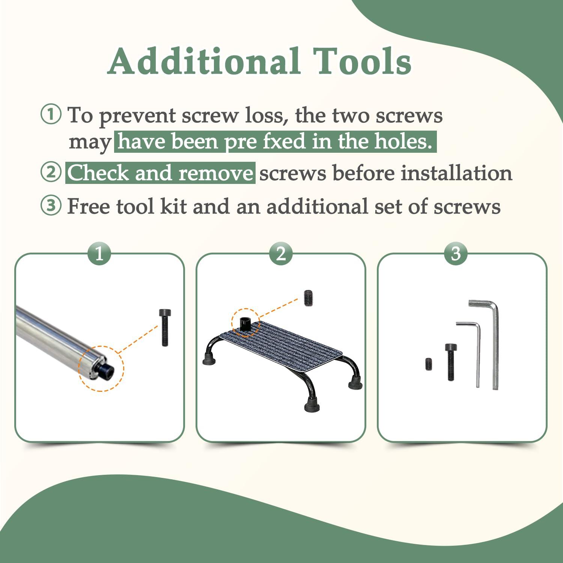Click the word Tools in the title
(362, 61)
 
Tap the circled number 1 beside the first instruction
(50, 114)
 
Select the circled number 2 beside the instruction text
(50, 173)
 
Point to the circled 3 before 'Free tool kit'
(50, 206)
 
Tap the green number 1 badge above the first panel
(99, 254)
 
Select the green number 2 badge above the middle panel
(281, 254)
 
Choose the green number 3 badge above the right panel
(456, 254)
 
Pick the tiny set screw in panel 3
(428, 363)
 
